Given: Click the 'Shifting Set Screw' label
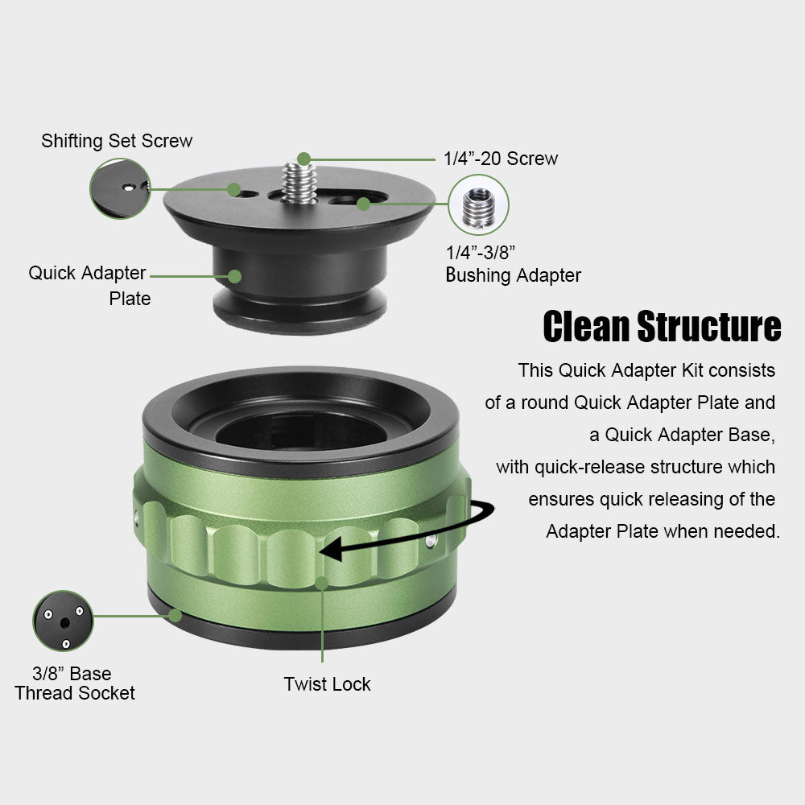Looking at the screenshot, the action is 117,141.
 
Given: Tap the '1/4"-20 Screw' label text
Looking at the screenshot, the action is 501,159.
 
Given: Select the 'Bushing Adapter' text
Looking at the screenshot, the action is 514,275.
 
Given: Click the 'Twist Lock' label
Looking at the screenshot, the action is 327,684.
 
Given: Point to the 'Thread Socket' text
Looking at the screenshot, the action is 74,693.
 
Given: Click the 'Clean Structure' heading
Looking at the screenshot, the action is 662,327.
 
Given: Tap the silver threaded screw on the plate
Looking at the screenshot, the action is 299,182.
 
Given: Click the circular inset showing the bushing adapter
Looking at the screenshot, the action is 478,204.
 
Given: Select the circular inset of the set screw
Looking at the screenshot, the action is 120,188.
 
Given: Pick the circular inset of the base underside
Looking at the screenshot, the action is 63,621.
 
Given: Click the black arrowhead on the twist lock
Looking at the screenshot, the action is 331,549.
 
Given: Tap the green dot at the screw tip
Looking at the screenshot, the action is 304,159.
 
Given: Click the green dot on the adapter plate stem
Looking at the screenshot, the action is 234,276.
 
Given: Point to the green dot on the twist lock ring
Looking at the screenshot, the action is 322,583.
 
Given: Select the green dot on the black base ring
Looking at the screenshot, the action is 175,615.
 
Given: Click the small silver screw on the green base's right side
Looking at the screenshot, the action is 431,539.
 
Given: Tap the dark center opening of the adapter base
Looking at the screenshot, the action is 301,429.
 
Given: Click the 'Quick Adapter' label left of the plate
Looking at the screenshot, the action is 87,273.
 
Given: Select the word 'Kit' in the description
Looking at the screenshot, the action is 692,370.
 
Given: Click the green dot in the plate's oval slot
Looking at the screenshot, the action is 364,204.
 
